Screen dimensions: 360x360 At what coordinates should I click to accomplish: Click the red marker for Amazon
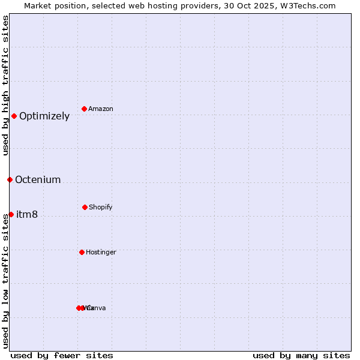click(x=84, y=109)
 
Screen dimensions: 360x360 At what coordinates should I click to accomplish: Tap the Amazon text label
click(x=101, y=109)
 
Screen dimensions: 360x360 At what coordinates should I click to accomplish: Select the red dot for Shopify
click(x=85, y=207)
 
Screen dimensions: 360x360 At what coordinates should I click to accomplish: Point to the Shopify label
click(x=101, y=208)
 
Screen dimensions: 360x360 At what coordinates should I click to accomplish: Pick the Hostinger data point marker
click(x=82, y=252)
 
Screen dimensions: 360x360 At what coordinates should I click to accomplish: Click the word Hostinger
click(x=101, y=253)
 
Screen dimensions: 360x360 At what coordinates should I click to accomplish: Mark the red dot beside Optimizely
click(x=14, y=116)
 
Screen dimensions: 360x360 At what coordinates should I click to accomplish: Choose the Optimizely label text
click(x=44, y=116)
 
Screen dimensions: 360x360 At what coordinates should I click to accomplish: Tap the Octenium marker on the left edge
click(x=10, y=179)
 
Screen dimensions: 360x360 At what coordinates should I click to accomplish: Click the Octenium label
click(x=38, y=180)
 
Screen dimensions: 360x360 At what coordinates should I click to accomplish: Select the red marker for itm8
click(x=11, y=214)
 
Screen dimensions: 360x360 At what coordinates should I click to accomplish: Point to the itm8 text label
click(x=27, y=215)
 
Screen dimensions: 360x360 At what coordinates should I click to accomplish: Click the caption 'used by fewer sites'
click(x=62, y=355)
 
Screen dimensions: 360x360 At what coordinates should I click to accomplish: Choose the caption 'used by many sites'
click(x=301, y=355)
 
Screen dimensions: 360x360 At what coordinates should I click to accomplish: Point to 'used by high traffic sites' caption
click(x=6, y=85)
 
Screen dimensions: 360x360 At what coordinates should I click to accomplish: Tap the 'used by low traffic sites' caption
click(x=6, y=280)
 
